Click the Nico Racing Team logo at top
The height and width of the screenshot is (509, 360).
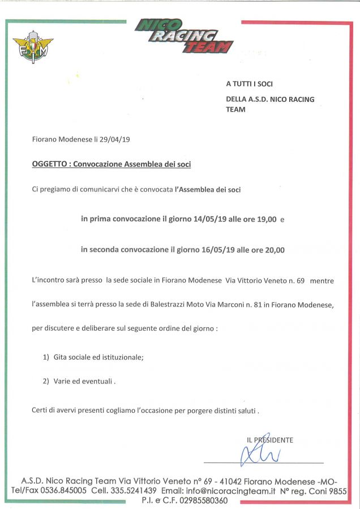184,36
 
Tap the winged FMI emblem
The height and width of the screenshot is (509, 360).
32,49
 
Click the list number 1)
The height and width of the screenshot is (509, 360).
46,357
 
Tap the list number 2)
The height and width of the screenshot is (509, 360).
46,382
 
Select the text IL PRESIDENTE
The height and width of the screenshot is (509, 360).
270,440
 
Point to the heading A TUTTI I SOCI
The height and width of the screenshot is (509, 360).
249,84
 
